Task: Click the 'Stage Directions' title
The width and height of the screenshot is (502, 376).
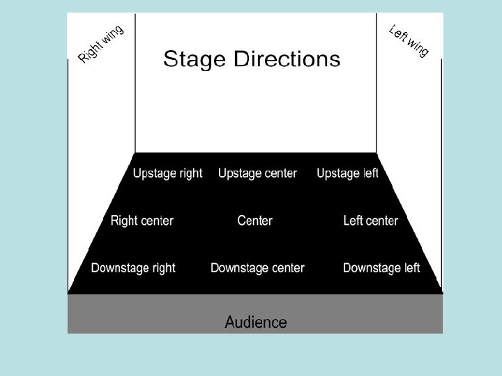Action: [252, 59]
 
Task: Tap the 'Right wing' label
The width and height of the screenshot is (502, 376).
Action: [101, 44]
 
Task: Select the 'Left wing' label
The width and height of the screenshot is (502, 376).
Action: [409, 41]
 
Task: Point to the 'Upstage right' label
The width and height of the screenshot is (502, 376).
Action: [168, 173]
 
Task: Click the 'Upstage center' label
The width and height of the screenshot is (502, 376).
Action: [257, 173]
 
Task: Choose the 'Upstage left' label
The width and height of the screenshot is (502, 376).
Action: [347, 173]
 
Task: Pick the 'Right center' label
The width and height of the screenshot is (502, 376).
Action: [142, 221]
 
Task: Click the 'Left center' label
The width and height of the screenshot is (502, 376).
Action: [370, 221]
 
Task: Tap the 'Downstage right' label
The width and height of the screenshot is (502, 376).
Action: [133, 268]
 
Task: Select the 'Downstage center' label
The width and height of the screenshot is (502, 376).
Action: [257, 268]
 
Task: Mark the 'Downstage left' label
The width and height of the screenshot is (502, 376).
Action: [381, 268]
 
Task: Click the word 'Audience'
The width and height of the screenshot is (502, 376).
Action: [256, 322]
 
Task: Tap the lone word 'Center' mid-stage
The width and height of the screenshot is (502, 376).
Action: [255, 221]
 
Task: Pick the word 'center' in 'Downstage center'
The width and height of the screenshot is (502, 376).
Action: [286, 268]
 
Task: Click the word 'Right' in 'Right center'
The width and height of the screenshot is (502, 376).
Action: [125, 221]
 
